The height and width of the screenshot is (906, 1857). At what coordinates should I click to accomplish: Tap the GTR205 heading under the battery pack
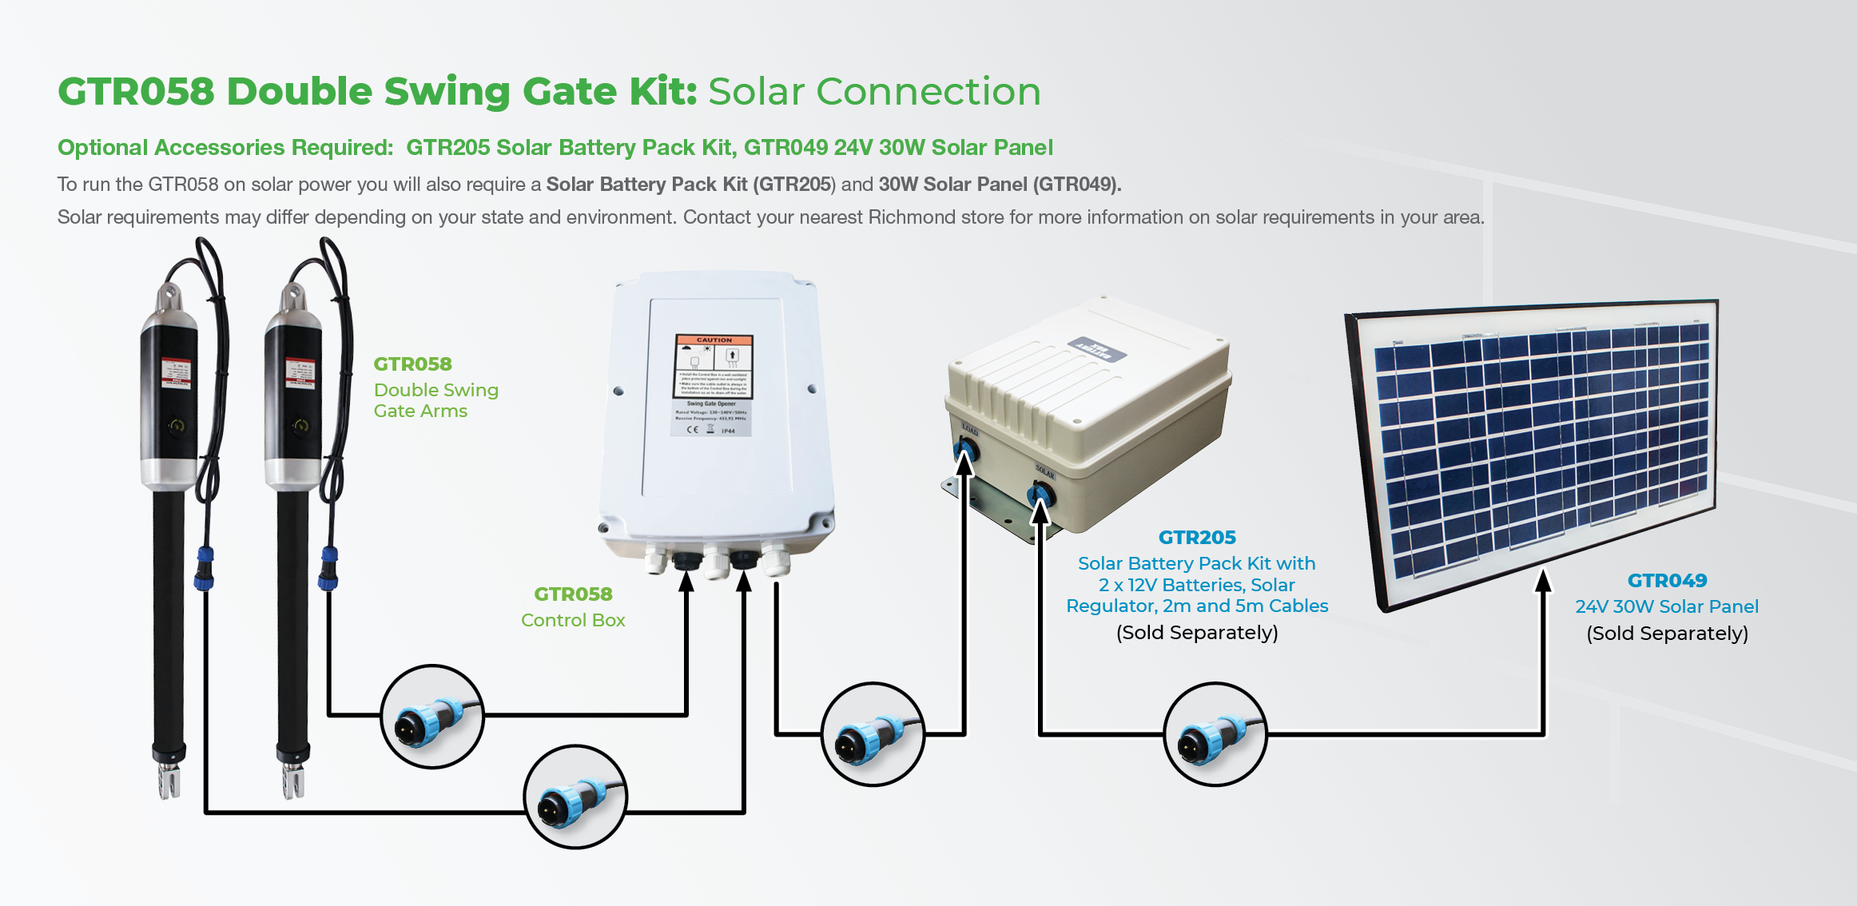[x=1197, y=538]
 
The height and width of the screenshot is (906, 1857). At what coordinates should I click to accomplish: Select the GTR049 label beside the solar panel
[x=1667, y=581]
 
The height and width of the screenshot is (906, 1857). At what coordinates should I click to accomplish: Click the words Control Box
[x=573, y=620]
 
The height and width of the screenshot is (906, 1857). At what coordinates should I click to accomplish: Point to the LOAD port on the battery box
[x=966, y=450]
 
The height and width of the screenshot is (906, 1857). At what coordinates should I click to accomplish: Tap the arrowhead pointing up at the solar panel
[x=1544, y=581]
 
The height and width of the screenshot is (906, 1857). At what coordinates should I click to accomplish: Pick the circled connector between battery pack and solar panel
[x=1215, y=734]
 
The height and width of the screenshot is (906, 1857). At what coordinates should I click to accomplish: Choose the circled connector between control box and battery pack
[x=873, y=734]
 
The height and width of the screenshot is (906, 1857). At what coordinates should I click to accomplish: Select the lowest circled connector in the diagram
[x=575, y=797]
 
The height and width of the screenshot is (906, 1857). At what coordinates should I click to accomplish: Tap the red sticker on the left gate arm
[x=176, y=373]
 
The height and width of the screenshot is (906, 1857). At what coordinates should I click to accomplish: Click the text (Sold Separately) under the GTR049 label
[x=1667, y=634]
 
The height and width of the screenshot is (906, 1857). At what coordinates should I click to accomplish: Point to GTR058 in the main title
[x=136, y=92]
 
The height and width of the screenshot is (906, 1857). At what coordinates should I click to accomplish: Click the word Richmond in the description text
[x=911, y=217]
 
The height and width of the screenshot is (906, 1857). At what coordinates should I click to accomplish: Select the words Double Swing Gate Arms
[x=435, y=400]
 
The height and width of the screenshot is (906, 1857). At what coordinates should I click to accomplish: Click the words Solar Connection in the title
[x=874, y=92]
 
